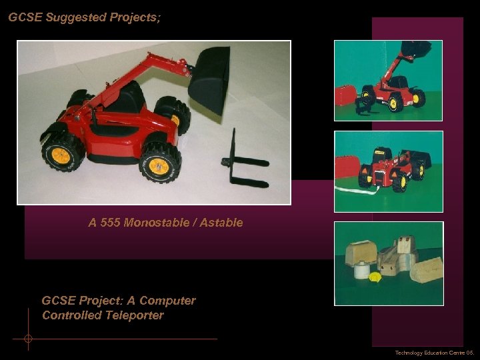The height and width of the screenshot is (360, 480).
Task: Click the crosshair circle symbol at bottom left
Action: [28, 339]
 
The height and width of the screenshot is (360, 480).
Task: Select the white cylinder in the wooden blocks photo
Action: [361, 271]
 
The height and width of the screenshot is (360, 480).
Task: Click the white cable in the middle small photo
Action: [371, 193]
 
